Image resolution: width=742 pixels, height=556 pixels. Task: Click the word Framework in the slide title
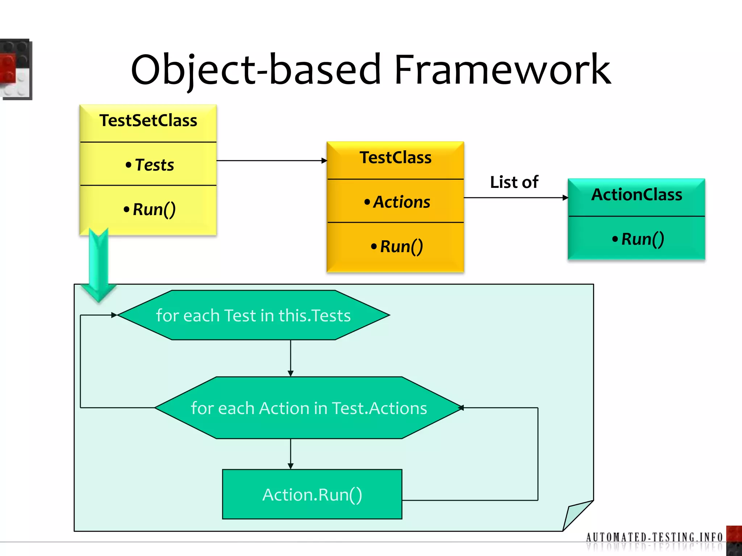click(x=502, y=69)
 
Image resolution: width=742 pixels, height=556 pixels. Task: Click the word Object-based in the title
click(x=256, y=69)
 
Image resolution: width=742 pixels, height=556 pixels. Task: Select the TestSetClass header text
click(x=148, y=121)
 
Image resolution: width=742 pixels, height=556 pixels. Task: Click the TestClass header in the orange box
click(x=395, y=158)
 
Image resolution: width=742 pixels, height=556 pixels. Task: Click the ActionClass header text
click(x=637, y=195)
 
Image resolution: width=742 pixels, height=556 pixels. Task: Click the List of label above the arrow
click(x=514, y=182)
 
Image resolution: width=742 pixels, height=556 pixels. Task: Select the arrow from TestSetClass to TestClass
click(x=272, y=160)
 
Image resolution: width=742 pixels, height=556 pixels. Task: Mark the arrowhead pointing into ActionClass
click(x=565, y=198)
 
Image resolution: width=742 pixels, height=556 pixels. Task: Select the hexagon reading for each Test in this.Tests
click(x=254, y=315)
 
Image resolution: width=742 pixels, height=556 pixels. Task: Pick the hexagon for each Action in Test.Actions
click(x=309, y=408)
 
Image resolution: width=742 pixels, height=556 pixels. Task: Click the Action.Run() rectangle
click(x=312, y=494)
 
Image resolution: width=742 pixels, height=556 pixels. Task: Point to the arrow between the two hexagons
click(x=291, y=358)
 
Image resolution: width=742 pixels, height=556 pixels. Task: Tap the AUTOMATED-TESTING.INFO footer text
click(x=654, y=537)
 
